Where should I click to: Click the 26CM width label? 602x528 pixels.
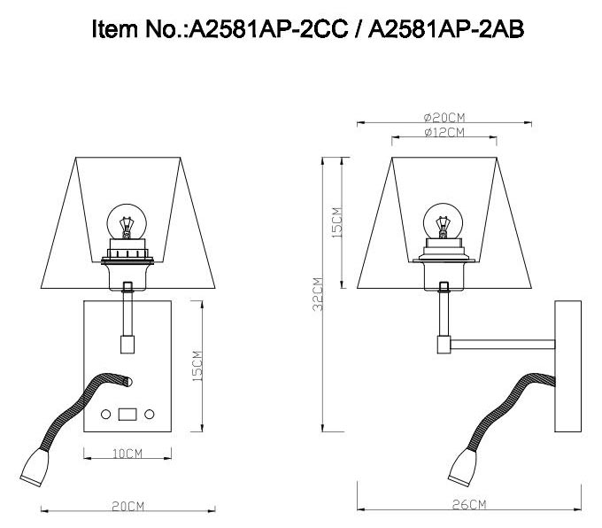[471, 504]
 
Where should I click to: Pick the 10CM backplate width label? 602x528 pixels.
[127, 454]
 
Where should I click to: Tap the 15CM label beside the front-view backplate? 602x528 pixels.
[197, 366]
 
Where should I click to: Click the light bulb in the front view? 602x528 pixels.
[125, 221]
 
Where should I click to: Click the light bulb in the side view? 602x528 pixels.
[442, 221]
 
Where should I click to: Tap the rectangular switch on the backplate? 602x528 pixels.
[127, 414]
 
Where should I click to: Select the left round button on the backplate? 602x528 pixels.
[105, 415]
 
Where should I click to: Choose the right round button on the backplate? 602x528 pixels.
[150, 415]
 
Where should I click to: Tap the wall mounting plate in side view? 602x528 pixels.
[567, 366]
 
